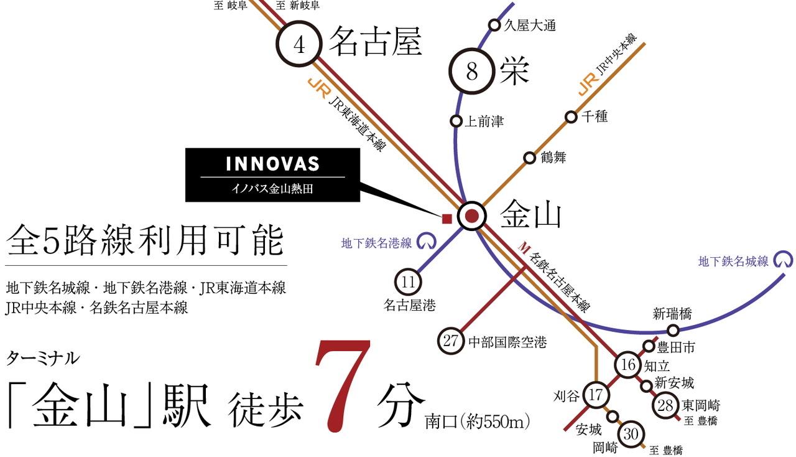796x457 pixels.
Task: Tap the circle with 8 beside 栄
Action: [471, 73]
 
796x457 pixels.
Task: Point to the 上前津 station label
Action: [484, 121]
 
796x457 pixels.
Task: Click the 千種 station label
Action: [595, 116]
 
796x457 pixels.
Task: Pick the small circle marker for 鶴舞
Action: [529, 158]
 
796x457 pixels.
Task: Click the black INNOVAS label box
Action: [272, 174]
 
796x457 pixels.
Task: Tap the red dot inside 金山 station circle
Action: [471, 216]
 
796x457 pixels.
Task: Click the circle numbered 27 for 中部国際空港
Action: [451, 341]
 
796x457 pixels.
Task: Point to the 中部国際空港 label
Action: [507, 342]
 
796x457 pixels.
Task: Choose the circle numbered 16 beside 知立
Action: [628, 365]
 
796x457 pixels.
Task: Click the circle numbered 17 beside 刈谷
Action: [596, 394]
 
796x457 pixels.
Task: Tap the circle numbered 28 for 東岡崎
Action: [665, 406]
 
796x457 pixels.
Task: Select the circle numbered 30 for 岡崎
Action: [631, 435]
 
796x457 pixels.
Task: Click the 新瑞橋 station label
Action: [672, 314]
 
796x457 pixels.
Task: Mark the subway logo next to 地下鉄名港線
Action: [425, 240]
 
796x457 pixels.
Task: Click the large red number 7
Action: [341, 387]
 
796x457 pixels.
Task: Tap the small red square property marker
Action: [446, 218]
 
